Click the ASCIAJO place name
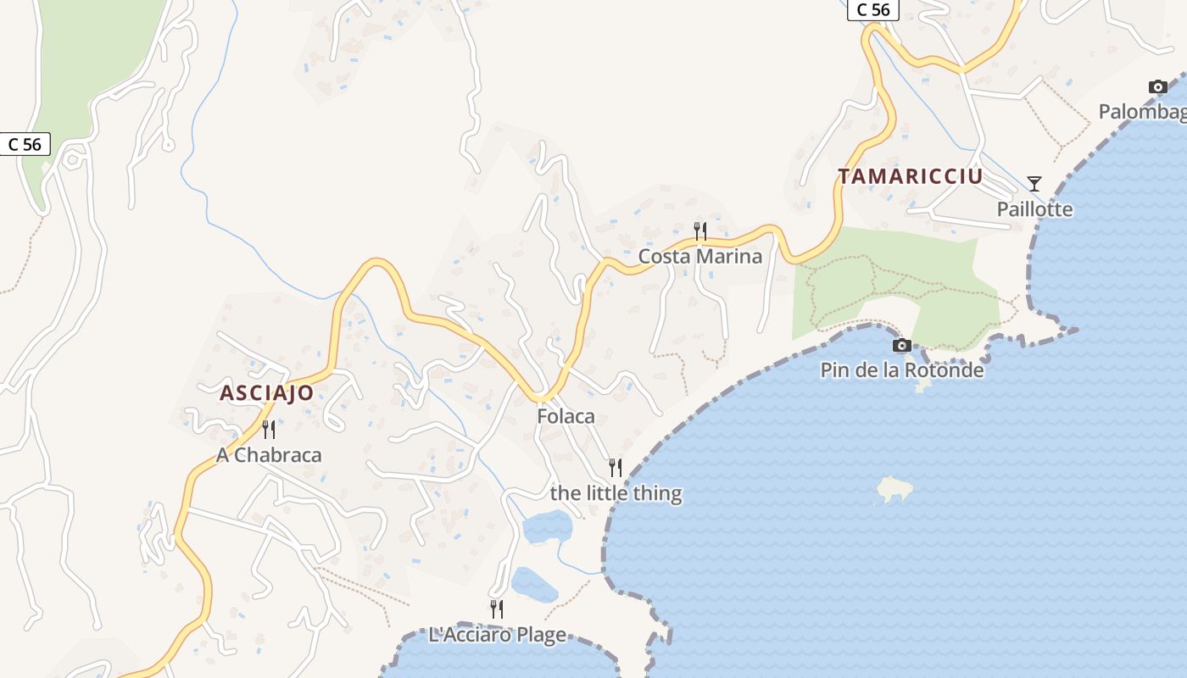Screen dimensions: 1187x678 (x=266, y=393)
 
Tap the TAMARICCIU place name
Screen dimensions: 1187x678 (x=911, y=176)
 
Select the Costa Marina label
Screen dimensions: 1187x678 (x=699, y=256)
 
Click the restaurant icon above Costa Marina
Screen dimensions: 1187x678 (x=699, y=230)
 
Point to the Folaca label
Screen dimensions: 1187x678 (x=566, y=416)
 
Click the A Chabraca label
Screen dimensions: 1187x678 (x=269, y=455)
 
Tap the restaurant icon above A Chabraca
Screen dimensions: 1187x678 (x=269, y=429)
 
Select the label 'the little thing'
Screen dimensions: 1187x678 (x=616, y=492)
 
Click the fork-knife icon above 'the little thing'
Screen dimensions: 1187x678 (x=616, y=467)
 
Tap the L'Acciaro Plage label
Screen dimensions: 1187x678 (x=497, y=635)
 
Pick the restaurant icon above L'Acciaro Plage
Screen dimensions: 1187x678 (x=497, y=609)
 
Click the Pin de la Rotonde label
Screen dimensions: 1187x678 (x=902, y=370)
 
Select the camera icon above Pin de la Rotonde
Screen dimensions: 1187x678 (x=902, y=345)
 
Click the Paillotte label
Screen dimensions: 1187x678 (x=1034, y=209)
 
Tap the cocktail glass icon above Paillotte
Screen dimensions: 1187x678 (x=1034, y=183)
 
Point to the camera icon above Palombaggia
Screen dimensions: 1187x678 (x=1157, y=86)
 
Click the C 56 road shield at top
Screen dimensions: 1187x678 (x=872, y=9)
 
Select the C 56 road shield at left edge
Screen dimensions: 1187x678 (x=25, y=144)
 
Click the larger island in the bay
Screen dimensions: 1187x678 (x=894, y=489)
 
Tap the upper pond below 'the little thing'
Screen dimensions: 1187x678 (x=548, y=527)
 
